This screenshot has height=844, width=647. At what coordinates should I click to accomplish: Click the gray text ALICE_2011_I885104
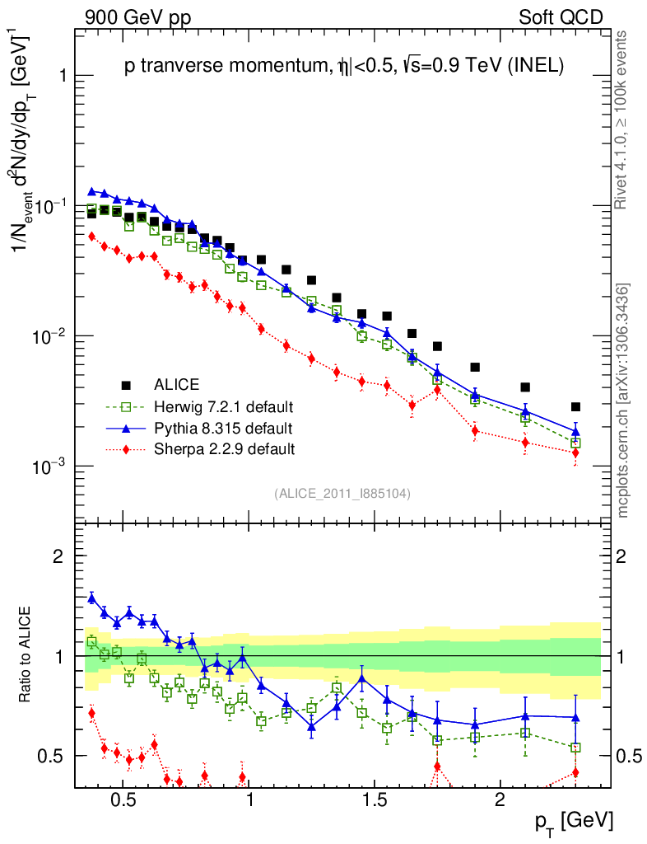tap(342, 493)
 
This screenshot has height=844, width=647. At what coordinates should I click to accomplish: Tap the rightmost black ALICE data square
tap(575, 407)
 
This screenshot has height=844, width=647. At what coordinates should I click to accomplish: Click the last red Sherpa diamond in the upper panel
tap(575, 452)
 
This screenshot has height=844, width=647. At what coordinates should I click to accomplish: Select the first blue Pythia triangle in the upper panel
tap(92, 191)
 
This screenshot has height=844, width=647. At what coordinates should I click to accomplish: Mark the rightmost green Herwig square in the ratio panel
tap(575, 748)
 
